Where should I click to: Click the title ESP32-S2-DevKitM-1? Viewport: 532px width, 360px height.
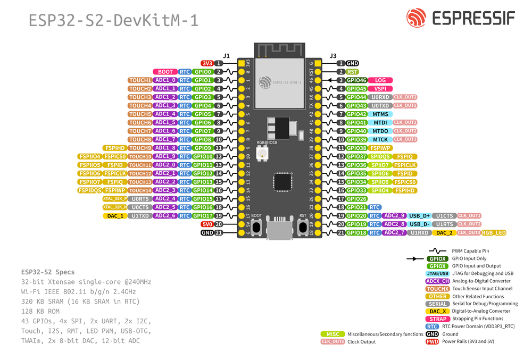click(113, 20)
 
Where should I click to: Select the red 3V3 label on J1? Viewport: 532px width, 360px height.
click(207, 63)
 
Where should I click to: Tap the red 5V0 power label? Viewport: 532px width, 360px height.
click(207, 224)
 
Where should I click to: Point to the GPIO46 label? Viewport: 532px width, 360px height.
click(356, 80)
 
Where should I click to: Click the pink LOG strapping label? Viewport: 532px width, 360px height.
click(380, 80)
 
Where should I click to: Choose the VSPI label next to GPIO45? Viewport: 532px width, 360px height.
click(380, 89)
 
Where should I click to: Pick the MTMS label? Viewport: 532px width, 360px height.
click(380, 114)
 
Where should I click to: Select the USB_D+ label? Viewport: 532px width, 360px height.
click(419, 216)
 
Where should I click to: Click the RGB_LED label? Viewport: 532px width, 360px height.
click(494, 233)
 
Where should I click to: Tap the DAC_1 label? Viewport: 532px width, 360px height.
click(115, 216)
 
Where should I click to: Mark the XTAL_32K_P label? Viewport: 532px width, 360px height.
click(115, 199)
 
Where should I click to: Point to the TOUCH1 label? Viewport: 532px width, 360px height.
click(140, 80)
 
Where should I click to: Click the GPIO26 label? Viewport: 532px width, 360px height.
click(356, 199)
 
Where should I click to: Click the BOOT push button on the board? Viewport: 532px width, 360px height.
click(257, 228)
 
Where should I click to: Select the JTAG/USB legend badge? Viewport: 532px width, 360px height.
click(437, 273)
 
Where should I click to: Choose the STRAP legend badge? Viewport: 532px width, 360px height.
click(437, 319)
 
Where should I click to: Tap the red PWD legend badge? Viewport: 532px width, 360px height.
click(432, 341)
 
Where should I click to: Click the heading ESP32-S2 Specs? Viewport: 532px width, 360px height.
click(48, 272)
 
